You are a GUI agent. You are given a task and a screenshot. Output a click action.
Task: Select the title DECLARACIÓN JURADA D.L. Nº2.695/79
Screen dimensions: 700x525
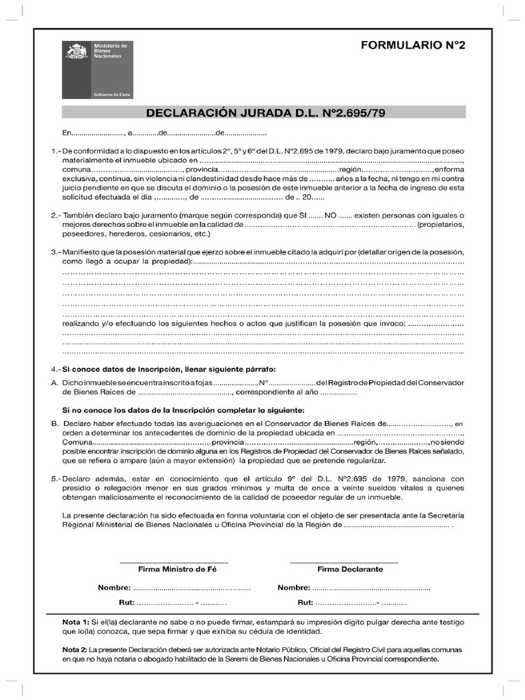(x=264, y=112)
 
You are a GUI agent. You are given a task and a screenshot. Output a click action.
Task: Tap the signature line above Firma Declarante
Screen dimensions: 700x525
(x=345, y=562)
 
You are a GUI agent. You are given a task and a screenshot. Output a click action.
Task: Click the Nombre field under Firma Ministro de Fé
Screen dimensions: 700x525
(x=191, y=588)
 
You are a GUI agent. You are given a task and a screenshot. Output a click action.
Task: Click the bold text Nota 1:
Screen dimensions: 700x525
(x=75, y=623)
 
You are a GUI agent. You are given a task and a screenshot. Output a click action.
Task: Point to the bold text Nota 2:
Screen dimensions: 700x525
(x=75, y=649)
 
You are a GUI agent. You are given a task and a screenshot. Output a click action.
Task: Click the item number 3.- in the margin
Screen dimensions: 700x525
(x=55, y=252)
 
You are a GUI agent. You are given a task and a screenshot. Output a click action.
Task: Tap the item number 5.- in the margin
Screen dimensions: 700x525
(x=55, y=479)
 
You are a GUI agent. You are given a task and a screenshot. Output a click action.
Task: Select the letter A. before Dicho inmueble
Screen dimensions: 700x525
(x=54, y=383)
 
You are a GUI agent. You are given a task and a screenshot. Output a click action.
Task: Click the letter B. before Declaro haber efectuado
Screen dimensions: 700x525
(x=54, y=424)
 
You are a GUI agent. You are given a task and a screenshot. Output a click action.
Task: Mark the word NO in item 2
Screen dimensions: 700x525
(x=330, y=215)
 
